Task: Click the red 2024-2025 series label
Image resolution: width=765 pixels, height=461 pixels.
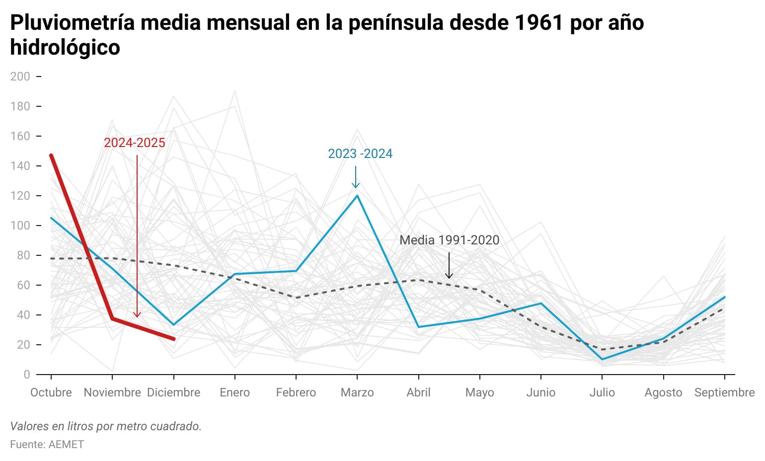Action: tap(134, 143)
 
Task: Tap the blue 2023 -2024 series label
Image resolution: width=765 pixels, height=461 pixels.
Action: tap(360, 154)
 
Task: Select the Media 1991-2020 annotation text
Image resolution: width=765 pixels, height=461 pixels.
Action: tap(449, 240)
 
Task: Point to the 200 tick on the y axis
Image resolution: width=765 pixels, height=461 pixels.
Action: tap(20, 77)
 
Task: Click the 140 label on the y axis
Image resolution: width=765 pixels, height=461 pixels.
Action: tap(20, 166)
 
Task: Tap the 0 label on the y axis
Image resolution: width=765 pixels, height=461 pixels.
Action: tap(27, 375)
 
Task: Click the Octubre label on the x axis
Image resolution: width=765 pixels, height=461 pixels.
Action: tap(51, 392)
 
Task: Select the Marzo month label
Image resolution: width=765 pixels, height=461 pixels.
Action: tap(357, 392)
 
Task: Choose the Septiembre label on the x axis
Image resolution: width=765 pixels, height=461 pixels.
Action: tap(724, 392)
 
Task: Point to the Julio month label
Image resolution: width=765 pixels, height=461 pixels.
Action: tap(602, 392)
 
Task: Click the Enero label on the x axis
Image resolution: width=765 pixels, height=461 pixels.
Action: tap(235, 392)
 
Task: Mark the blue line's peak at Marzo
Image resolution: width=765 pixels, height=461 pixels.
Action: tap(357, 196)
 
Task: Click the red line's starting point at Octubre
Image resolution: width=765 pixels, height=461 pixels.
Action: tap(51, 155)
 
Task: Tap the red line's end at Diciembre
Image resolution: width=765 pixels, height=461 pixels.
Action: tap(173, 339)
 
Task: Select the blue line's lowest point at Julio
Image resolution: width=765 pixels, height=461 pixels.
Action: tap(602, 359)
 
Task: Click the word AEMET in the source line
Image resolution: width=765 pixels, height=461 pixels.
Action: tap(66, 444)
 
